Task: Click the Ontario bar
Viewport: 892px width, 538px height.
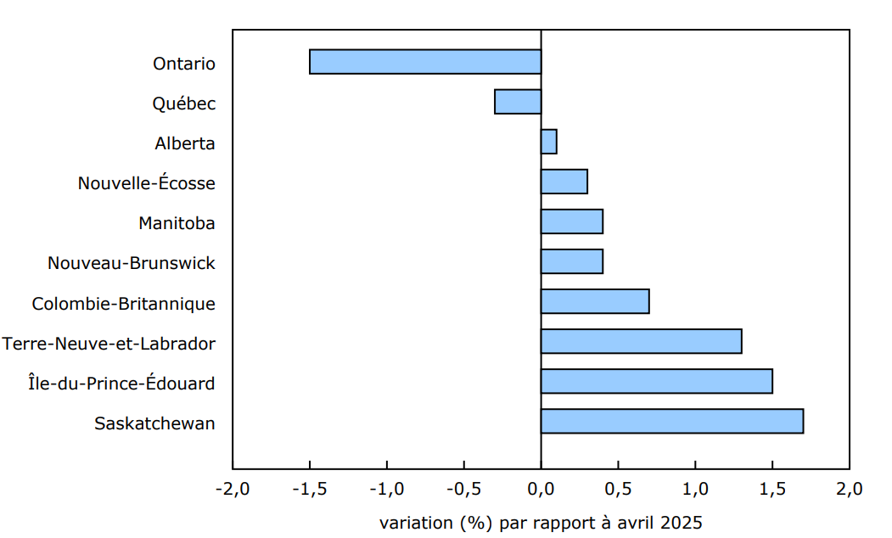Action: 425,62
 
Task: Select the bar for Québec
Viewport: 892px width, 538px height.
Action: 518,102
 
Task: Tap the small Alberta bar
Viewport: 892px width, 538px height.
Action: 549,142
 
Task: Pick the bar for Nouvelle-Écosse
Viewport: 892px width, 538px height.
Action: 564,182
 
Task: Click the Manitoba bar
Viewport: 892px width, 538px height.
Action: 572,221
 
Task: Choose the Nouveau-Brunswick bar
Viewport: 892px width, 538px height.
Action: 572,261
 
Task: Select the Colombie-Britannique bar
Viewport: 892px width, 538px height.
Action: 595,301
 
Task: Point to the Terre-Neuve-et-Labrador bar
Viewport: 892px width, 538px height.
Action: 642,341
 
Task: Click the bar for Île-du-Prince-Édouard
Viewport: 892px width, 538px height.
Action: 657,381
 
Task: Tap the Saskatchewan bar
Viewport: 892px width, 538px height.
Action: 672,421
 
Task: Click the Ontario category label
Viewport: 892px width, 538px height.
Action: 184,64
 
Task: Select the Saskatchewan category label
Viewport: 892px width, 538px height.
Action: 154,423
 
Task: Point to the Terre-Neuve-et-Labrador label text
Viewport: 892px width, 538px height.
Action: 109,344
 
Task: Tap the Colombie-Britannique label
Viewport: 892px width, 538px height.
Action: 123,304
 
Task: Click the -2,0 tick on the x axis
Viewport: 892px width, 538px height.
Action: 232,490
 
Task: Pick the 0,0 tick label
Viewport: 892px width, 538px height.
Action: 541,490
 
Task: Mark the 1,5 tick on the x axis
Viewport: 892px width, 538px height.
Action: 772,490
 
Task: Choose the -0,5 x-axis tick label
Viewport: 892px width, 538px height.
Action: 463,490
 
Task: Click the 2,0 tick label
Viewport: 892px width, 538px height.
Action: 849,490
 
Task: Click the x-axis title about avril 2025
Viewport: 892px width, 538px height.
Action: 541,522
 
